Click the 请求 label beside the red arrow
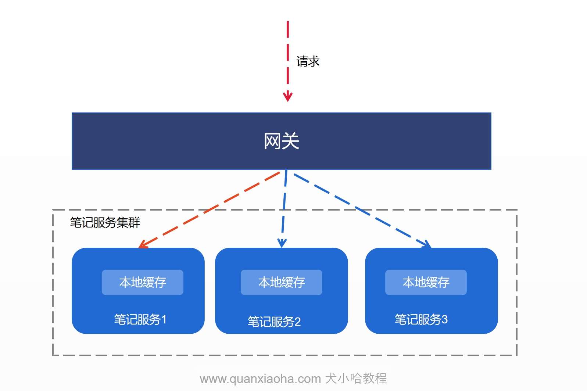(308, 61)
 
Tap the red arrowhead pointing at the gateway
(288, 96)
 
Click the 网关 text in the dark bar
(282, 141)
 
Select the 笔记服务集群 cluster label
(105, 222)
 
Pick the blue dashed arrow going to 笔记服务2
(284, 209)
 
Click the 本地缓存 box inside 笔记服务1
(143, 282)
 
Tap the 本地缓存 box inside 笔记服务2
(282, 282)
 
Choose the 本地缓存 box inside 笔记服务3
(426, 282)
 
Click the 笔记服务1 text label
(140, 319)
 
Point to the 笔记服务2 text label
(274, 322)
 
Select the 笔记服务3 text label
(421, 319)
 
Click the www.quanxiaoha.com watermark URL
(260, 379)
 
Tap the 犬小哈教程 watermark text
(356, 379)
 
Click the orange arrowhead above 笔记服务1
(143, 244)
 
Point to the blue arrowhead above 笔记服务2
(282, 243)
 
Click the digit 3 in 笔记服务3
(445, 320)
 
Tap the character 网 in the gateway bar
(272, 141)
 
